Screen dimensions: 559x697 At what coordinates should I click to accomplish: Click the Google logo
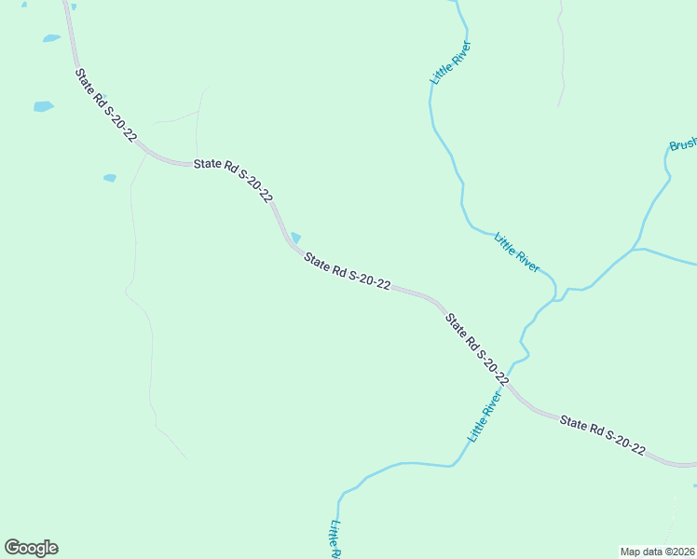(x=31, y=548)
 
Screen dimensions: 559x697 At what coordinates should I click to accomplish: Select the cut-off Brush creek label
(x=683, y=145)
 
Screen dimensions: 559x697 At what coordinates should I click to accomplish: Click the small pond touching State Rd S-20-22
(x=295, y=238)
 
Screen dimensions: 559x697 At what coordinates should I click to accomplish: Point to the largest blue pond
(x=43, y=106)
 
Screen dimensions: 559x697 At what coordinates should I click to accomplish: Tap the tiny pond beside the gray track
(x=110, y=177)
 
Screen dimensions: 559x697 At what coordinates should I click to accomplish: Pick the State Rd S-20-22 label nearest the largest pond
(x=106, y=105)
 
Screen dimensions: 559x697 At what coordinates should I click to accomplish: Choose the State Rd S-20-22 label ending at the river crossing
(x=476, y=350)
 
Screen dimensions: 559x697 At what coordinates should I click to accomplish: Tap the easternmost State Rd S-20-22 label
(x=603, y=435)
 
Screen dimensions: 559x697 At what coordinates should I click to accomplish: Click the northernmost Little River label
(x=451, y=63)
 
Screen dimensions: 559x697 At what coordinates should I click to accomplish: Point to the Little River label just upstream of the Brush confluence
(x=516, y=252)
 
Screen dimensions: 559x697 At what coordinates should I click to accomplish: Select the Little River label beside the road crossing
(x=485, y=416)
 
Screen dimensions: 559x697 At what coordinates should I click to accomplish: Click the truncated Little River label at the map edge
(x=334, y=539)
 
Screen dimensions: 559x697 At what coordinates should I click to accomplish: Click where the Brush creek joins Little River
(x=556, y=296)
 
